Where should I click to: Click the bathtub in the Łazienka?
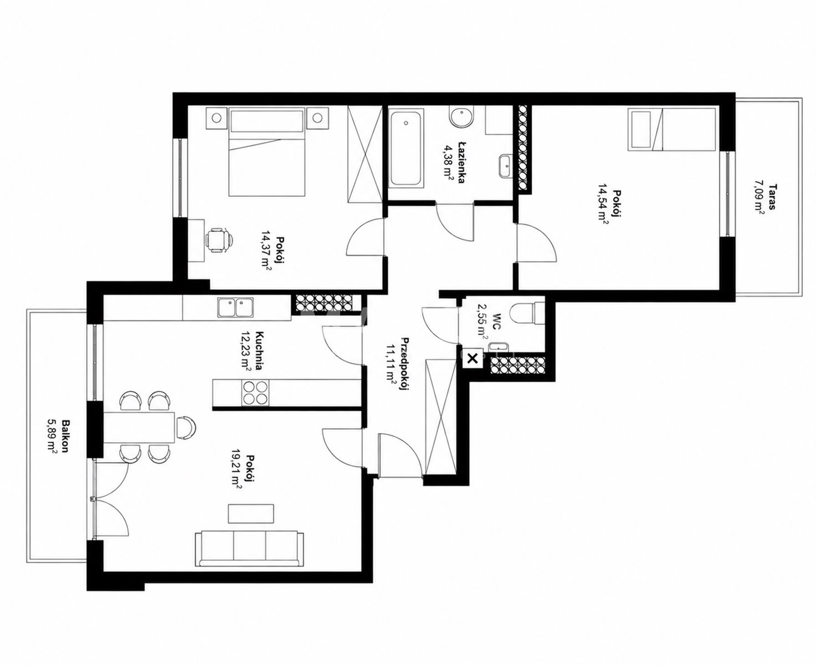pyautogui.click(x=406, y=149)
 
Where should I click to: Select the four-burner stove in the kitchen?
pyautogui.click(x=255, y=392)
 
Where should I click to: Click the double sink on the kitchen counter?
pyautogui.click(x=235, y=308)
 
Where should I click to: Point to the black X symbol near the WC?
pyautogui.click(x=473, y=359)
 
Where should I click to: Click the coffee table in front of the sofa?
pyautogui.click(x=251, y=514)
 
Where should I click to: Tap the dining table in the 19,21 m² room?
pyautogui.click(x=139, y=427)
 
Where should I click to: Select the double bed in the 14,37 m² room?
pyautogui.click(x=267, y=152)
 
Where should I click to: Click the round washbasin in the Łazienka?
pyautogui.click(x=461, y=117)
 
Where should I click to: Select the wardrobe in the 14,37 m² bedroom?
pyautogui.click(x=365, y=155)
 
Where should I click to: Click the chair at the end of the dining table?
pyautogui.click(x=187, y=427)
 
